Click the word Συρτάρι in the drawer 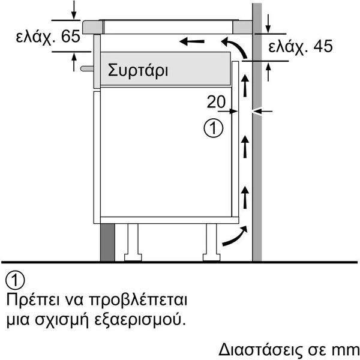click(x=138, y=70)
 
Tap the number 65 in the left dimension click(x=71, y=36)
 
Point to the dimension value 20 click(x=216, y=102)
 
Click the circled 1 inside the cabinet click(x=213, y=128)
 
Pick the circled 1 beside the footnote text click(x=15, y=280)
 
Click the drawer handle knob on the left click(x=87, y=68)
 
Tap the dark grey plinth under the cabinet click(x=107, y=242)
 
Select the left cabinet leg click(x=133, y=242)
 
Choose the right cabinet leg click(x=211, y=242)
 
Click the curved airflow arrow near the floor click(x=235, y=236)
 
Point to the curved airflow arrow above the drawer click(x=234, y=48)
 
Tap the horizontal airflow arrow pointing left click(x=192, y=41)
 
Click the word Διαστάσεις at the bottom click(x=261, y=350)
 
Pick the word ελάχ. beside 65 click(x=36, y=37)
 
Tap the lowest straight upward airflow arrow click(x=245, y=197)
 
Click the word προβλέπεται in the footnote click(x=138, y=301)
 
